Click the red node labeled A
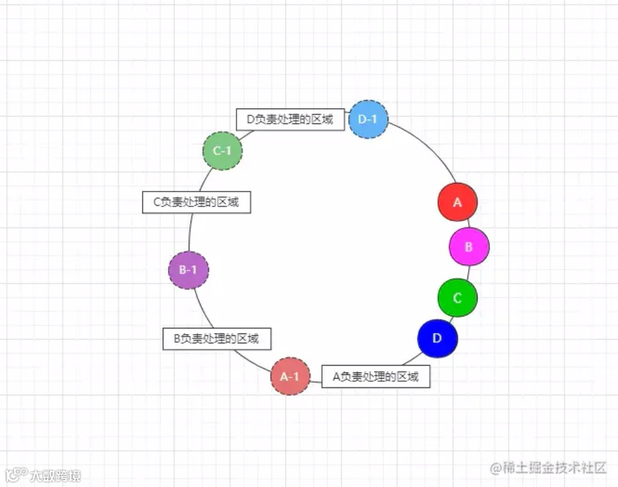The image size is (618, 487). click(x=458, y=202)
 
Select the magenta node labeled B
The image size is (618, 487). click(x=469, y=247)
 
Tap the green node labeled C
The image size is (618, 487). click(x=458, y=297)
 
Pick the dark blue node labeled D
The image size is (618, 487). click(x=437, y=338)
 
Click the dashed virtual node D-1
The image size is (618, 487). click(x=368, y=119)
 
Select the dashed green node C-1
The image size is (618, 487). click(x=222, y=151)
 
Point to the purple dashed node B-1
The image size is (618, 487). click(x=188, y=270)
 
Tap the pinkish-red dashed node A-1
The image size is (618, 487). click(x=290, y=376)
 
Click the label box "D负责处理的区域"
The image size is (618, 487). click(x=290, y=120)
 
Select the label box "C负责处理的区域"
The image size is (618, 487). click(x=196, y=202)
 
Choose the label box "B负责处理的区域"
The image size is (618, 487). click(x=216, y=338)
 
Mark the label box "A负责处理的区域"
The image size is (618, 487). click(x=376, y=376)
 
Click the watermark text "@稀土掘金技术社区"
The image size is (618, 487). click(x=548, y=468)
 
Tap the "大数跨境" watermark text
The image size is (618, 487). click(x=55, y=476)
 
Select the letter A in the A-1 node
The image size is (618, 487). click(x=284, y=376)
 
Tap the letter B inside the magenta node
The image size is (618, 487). click(x=469, y=247)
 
